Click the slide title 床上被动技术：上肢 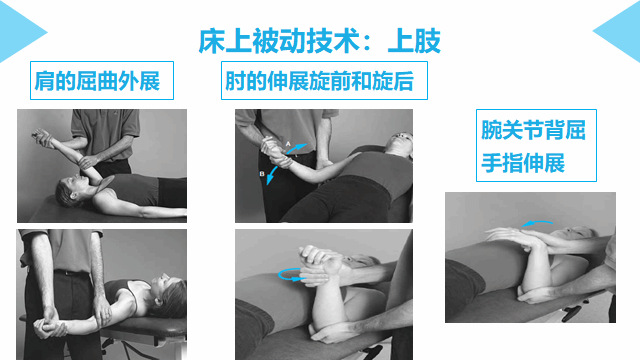[320, 41]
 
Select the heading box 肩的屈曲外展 [102, 80]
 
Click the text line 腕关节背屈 [533, 130]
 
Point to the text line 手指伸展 [523, 163]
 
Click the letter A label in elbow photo [288, 144]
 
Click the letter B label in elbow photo [262, 174]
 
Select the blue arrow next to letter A [297, 148]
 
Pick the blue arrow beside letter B [272, 176]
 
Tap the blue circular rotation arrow [291, 274]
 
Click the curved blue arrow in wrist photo [537, 222]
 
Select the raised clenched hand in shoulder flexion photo [41, 136]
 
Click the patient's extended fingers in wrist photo [501, 235]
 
